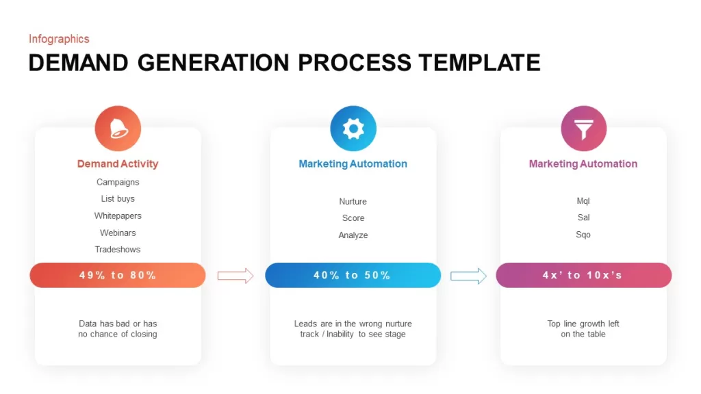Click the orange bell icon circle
(x=118, y=129)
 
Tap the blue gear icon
(x=353, y=129)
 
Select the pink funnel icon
(x=583, y=129)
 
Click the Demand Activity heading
(x=118, y=164)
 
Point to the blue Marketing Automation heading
(x=353, y=164)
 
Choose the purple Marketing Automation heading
(x=583, y=164)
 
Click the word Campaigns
(x=118, y=182)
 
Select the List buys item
(x=118, y=199)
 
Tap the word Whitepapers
(x=118, y=215)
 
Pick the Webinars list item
(x=118, y=233)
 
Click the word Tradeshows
(x=118, y=250)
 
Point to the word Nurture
(x=353, y=202)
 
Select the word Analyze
(x=353, y=235)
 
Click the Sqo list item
(x=583, y=235)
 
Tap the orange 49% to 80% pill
(x=118, y=275)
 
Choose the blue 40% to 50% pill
(x=353, y=275)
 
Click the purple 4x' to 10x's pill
(x=583, y=275)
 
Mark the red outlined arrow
(x=235, y=276)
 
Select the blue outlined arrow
(x=468, y=276)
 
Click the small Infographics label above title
(x=59, y=39)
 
